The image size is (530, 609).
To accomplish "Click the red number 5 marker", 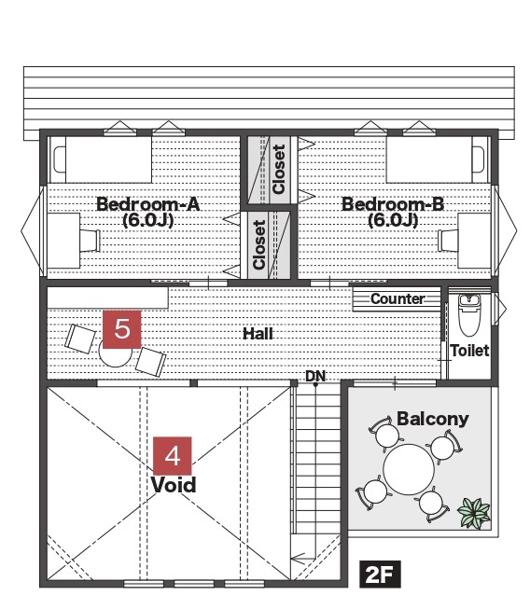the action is [x=122, y=329].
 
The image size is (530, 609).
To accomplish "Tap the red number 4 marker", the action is [x=173, y=456].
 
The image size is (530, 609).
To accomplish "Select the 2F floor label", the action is [x=380, y=574].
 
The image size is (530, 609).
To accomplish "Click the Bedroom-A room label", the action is [x=148, y=212].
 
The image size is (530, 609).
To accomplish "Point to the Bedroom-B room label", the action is [x=393, y=212].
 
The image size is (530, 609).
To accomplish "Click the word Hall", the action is [x=258, y=334].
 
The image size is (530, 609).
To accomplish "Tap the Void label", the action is [x=174, y=485].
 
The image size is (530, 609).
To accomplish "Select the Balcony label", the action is [x=432, y=419].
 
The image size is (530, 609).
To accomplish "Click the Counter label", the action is [x=397, y=298].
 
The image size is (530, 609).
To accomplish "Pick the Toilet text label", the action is [x=469, y=351].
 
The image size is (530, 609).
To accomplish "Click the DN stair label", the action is [x=315, y=376].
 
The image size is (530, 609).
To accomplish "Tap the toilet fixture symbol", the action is [x=469, y=315].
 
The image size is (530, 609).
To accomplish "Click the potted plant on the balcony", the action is [x=474, y=513].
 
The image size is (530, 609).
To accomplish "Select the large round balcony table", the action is [x=409, y=469].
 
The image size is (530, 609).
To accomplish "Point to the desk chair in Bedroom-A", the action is [x=91, y=241].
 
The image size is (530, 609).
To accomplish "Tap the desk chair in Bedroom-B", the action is [x=448, y=241].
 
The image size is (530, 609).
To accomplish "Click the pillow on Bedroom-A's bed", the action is [x=60, y=159].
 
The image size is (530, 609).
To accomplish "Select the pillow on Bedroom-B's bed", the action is [x=478, y=159].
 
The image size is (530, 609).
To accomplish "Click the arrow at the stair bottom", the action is [x=303, y=559].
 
